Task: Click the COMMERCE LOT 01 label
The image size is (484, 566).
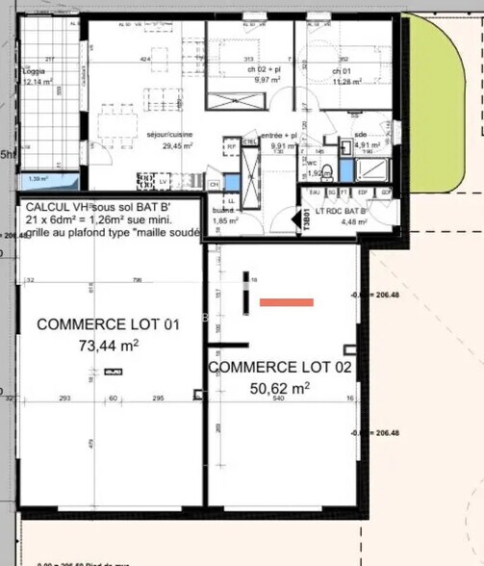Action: coord(109,324)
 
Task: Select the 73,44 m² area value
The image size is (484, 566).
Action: coord(109,345)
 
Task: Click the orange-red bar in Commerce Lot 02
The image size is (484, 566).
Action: coord(287,302)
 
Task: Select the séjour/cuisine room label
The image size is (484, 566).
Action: coord(172,135)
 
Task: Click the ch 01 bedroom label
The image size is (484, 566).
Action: coord(342,71)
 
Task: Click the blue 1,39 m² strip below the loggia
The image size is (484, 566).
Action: coord(43,179)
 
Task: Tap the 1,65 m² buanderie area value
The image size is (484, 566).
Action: coord(224,221)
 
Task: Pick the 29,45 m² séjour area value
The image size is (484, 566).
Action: coord(172,146)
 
